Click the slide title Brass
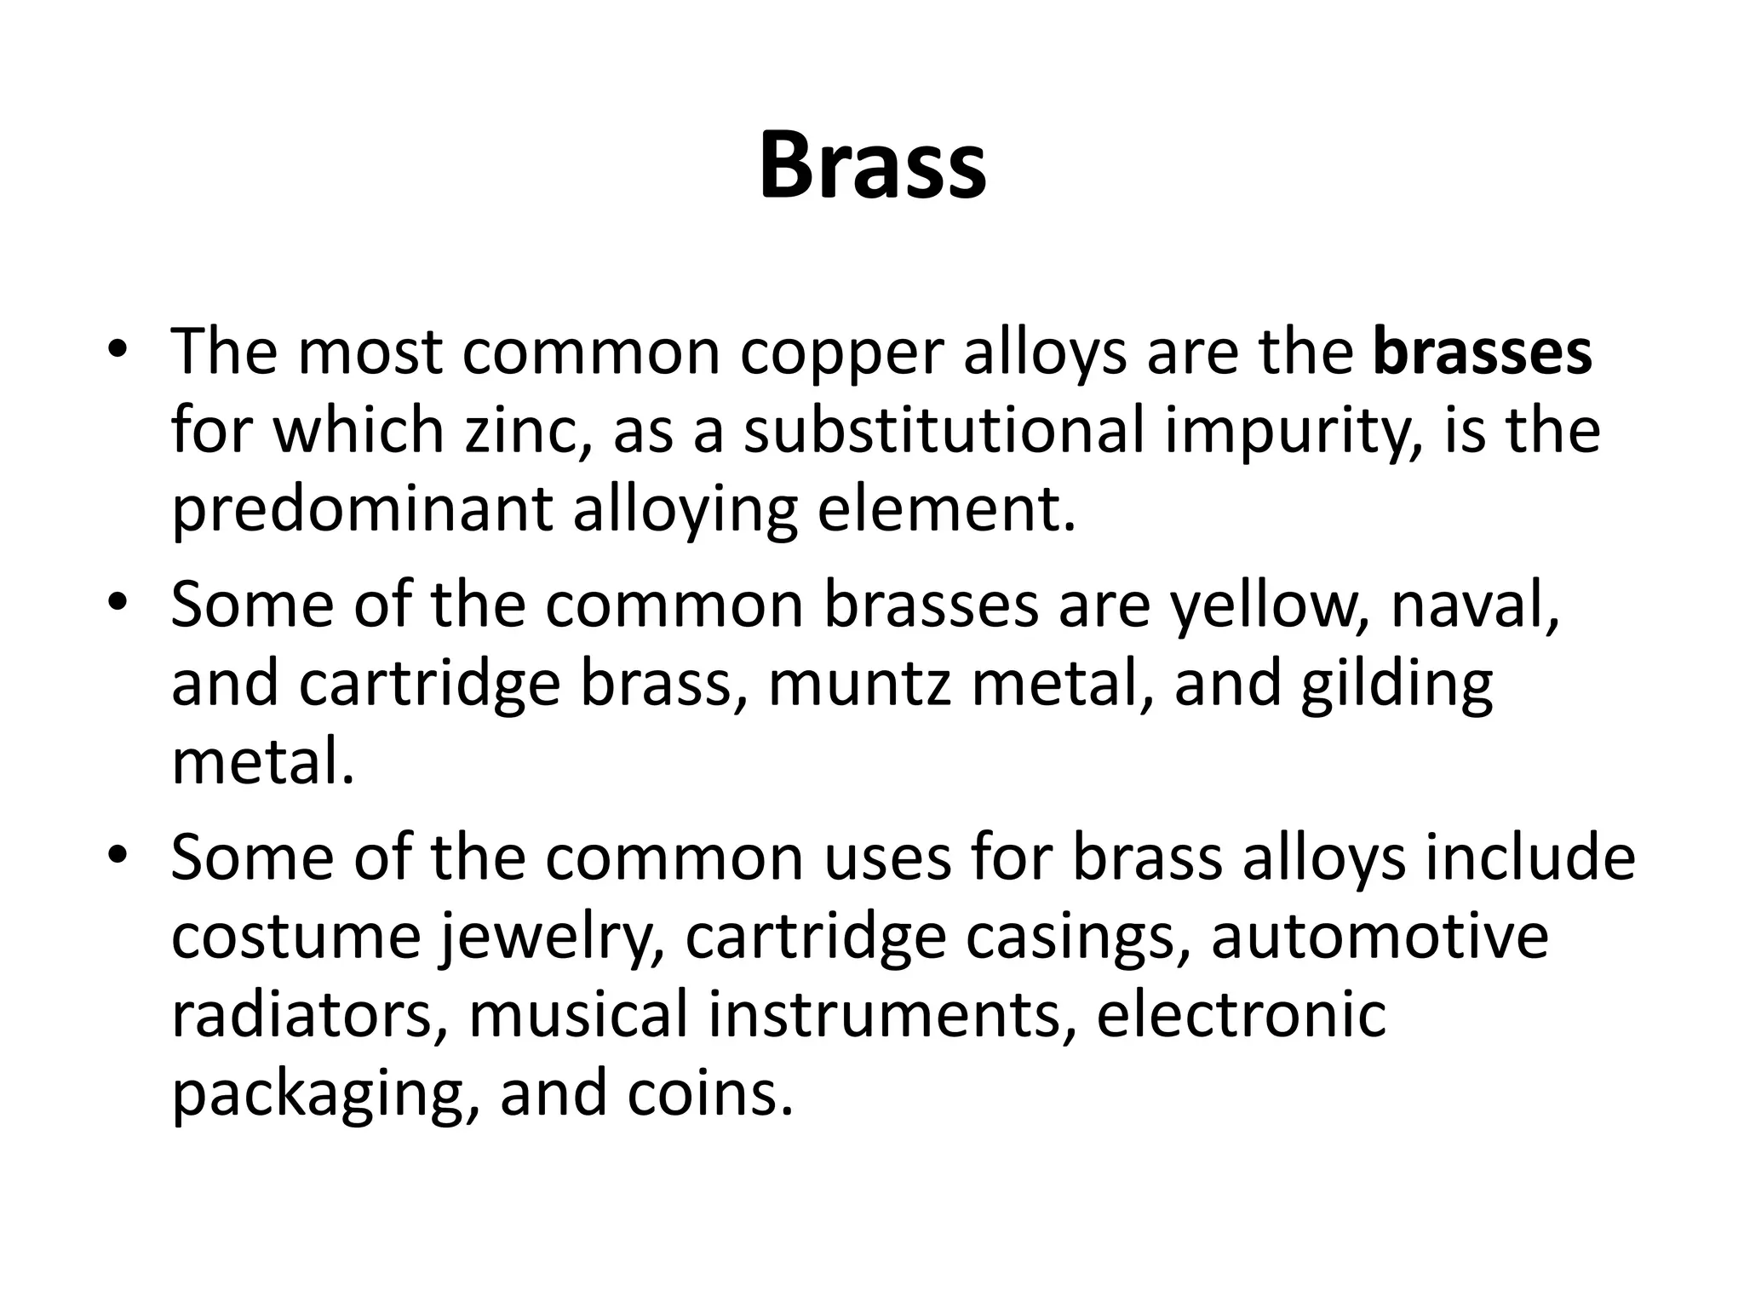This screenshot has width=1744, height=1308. [872, 166]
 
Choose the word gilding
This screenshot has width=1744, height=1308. [1397, 686]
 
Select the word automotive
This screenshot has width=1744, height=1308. [1380, 936]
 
